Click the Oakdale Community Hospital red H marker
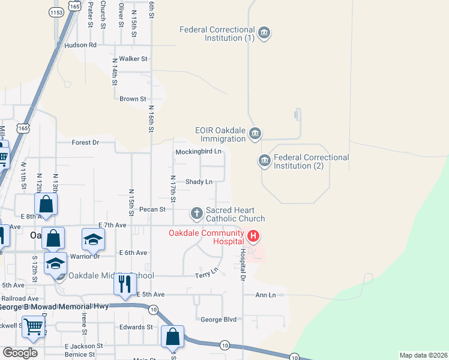(x=253, y=236)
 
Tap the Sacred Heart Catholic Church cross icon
(x=196, y=213)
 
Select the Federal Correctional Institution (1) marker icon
(x=264, y=32)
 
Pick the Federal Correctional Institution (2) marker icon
(x=264, y=161)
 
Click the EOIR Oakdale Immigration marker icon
(x=255, y=133)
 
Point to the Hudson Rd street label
(x=80, y=45)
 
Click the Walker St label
(x=133, y=59)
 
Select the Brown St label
(x=133, y=99)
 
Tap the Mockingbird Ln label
(x=199, y=152)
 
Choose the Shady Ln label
(x=199, y=182)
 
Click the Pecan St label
(x=152, y=209)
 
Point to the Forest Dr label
(x=85, y=143)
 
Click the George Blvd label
(x=218, y=320)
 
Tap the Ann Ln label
(x=265, y=295)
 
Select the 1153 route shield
(x=58, y=12)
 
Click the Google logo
(x=20, y=353)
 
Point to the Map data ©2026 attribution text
(x=423, y=355)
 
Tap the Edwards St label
(x=136, y=327)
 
